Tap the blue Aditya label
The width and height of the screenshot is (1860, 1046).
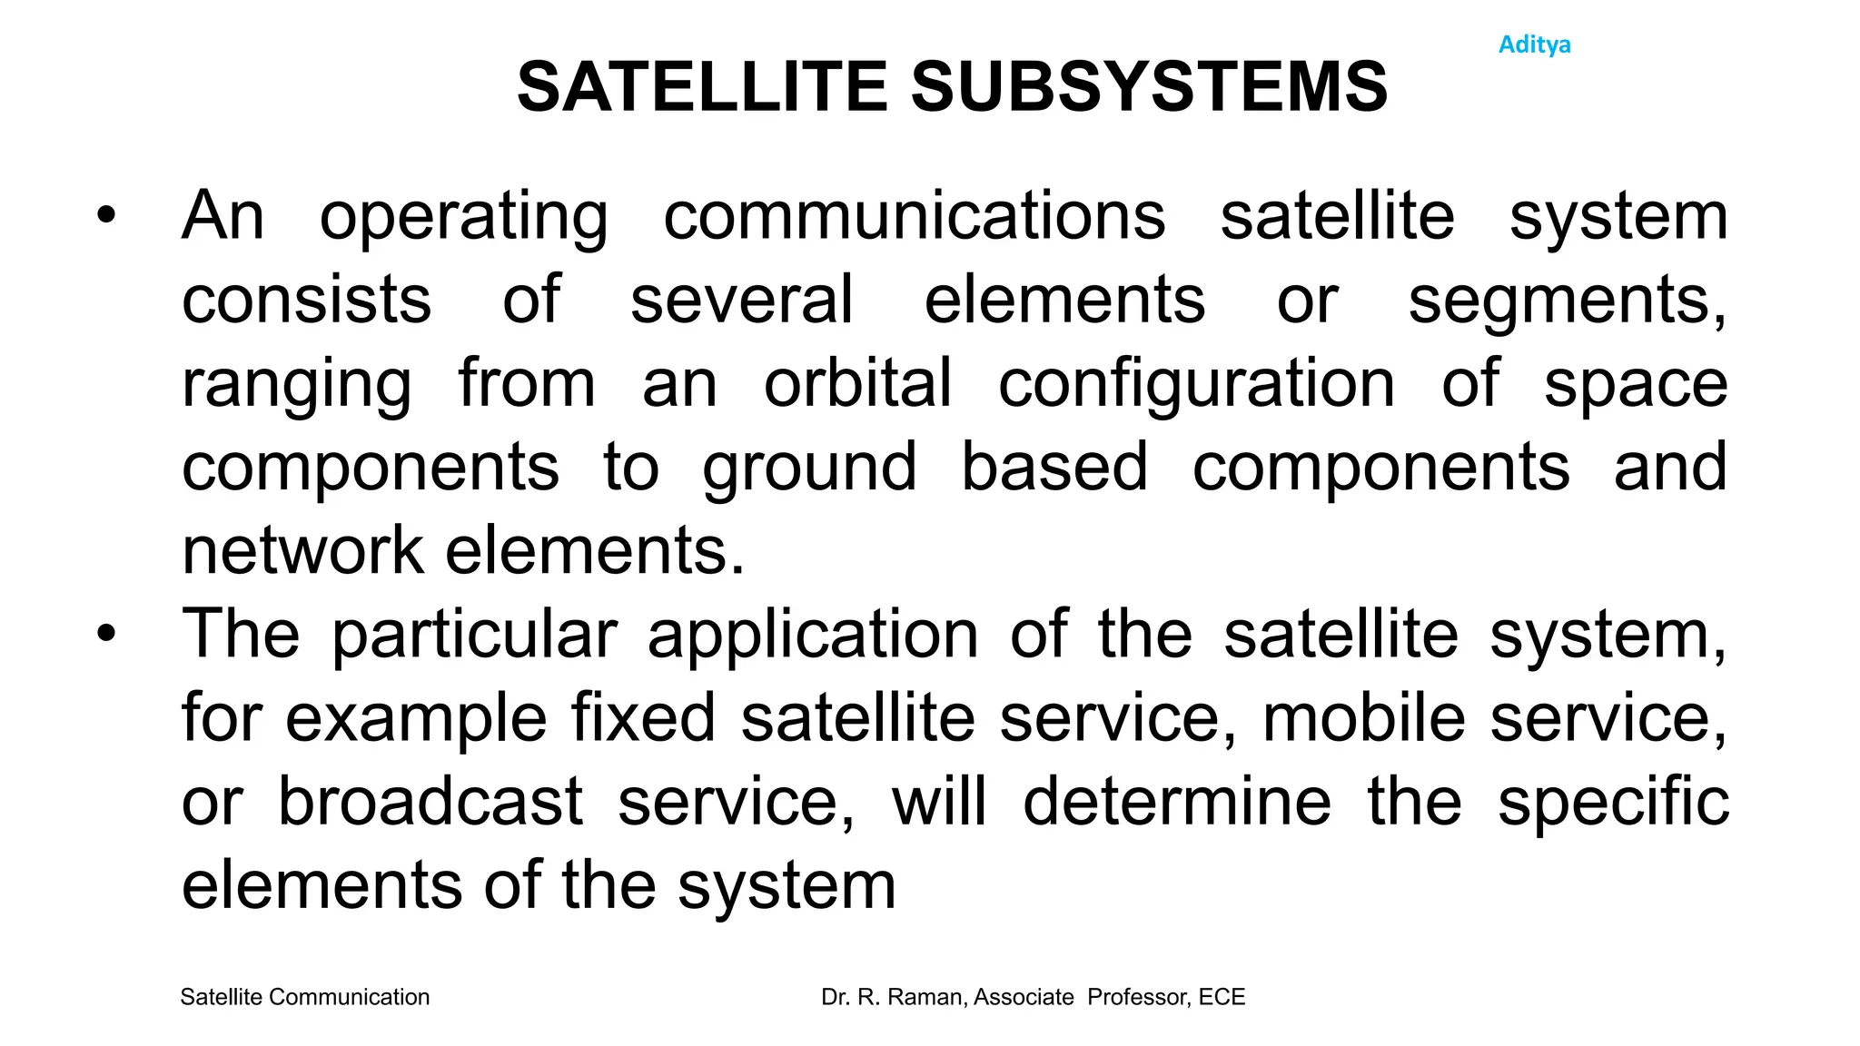point(1534,44)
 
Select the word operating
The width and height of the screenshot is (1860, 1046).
point(464,218)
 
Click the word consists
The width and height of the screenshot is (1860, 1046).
point(306,300)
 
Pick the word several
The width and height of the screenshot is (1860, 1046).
point(741,300)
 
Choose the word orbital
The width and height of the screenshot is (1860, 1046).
point(857,383)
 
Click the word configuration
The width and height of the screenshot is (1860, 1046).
point(1196,385)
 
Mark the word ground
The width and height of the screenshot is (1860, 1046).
point(809,469)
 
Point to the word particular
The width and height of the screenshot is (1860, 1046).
point(474,636)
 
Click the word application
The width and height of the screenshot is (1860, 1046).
point(813,636)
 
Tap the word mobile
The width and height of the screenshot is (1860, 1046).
point(1363,718)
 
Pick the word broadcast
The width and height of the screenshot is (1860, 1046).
point(430,802)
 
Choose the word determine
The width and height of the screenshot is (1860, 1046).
point(1176,802)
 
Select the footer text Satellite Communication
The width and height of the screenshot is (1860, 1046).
point(305,997)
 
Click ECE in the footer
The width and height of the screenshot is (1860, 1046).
point(1222,997)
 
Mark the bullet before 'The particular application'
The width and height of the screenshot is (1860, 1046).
point(107,635)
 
